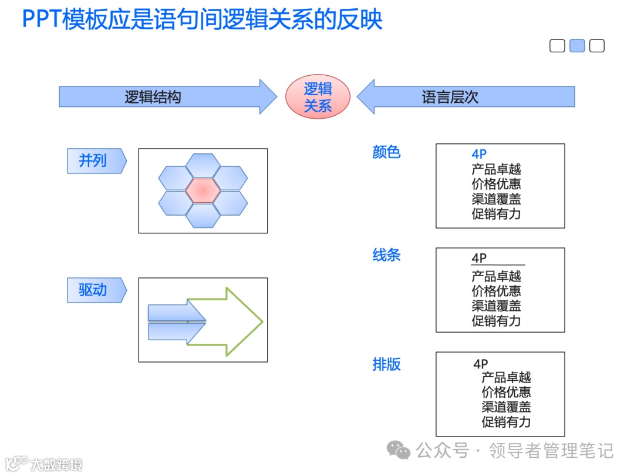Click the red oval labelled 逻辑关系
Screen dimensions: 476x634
[318, 97]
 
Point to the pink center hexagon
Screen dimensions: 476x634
[203, 190]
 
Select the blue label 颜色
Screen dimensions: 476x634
[386, 152]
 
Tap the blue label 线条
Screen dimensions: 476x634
[386, 255]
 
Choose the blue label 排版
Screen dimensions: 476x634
[386, 364]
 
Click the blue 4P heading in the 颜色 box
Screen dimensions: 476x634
[479, 154]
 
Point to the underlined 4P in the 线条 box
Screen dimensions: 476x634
[479, 259]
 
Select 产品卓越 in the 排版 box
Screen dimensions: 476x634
[506, 377]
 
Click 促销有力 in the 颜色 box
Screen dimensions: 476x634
[496, 214]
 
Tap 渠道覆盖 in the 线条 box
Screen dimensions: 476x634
[496, 306]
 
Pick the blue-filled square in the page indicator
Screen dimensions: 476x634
[577, 46]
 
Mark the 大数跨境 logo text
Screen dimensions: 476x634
[56, 464]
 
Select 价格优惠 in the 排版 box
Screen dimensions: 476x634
[506, 392]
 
